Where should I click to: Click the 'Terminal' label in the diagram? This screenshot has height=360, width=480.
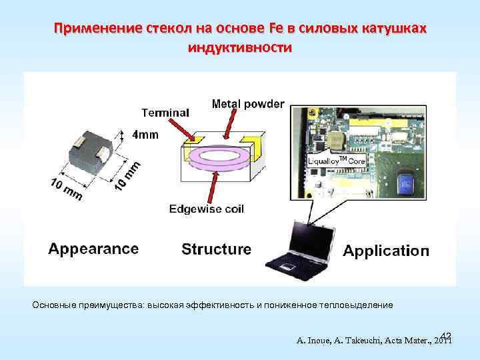click(x=165, y=112)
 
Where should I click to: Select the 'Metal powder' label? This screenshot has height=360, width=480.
click(x=247, y=103)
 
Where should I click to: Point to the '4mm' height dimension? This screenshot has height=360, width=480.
click(x=145, y=135)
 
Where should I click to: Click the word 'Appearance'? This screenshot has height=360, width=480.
click(x=93, y=249)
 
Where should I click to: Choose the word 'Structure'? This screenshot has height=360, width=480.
click(x=217, y=249)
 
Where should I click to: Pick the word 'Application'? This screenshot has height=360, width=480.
click(x=386, y=251)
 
